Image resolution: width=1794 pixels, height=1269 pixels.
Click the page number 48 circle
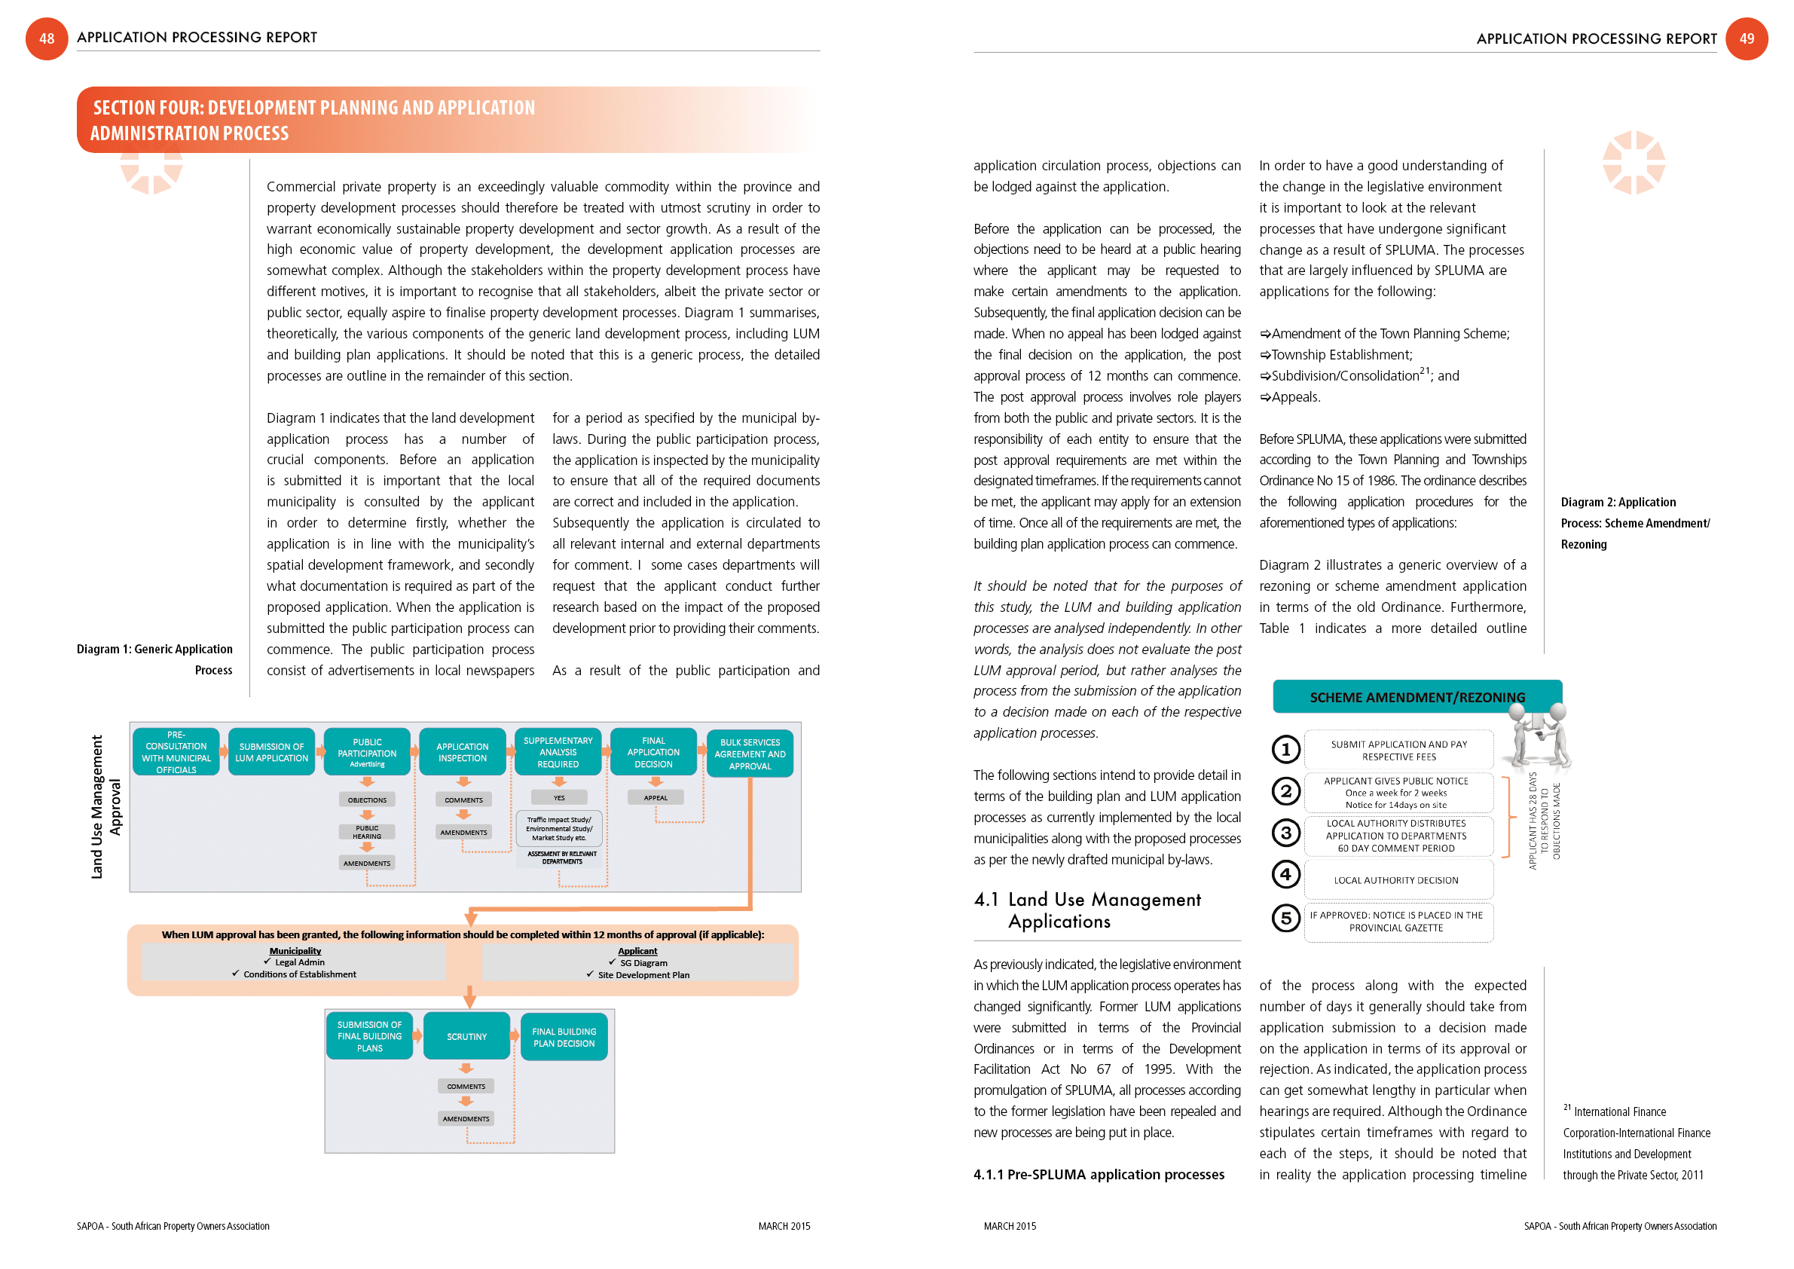(x=47, y=38)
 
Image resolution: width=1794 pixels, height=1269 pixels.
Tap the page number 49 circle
(x=1747, y=38)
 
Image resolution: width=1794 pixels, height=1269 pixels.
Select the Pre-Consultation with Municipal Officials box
(x=176, y=752)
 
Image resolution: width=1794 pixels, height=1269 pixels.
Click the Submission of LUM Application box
(x=271, y=752)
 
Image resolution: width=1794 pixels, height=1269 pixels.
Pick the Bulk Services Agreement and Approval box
(x=750, y=754)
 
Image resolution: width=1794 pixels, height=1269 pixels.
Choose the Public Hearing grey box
(x=366, y=831)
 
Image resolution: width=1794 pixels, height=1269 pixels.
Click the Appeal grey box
(x=655, y=798)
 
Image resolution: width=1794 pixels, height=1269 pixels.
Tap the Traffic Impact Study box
(x=558, y=828)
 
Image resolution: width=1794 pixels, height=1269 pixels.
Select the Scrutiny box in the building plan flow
(x=466, y=1036)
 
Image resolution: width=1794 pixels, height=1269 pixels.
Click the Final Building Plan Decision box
(x=564, y=1037)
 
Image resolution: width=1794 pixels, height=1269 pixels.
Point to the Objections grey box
(x=366, y=800)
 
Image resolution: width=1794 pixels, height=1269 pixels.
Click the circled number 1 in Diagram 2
(x=1285, y=749)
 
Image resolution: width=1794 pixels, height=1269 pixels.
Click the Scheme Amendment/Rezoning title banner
(x=1416, y=697)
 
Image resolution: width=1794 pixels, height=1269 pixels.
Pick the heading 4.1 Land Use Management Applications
(x=1088, y=910)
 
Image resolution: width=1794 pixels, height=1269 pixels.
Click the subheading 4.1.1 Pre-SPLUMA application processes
(x=1099, y=1175)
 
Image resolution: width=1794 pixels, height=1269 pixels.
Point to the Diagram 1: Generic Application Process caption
(x=154, y=659)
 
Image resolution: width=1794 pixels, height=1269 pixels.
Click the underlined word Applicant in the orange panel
(x=637, y=951)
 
